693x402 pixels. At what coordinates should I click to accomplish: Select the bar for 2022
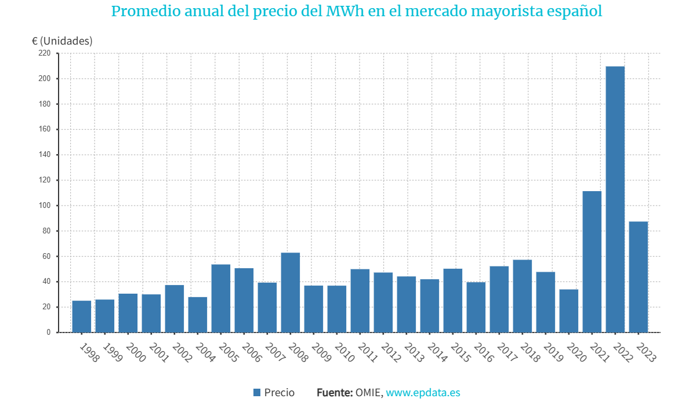tap(615, 199)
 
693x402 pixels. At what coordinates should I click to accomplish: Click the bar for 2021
tap(592, 262)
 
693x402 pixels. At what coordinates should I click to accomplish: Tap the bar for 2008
tap(290, 293)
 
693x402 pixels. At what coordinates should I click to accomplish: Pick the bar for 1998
tap(81, 316)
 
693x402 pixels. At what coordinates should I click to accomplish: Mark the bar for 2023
tap(638, 277)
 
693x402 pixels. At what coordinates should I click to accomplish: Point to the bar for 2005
tap(220, 298)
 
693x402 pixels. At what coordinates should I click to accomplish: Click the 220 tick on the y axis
tap(45, 53)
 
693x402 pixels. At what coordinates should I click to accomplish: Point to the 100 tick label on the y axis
tap(45, 206)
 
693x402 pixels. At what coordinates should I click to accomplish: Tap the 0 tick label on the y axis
tap(49, 332)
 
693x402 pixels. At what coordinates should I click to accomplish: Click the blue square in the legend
tap(257, 393)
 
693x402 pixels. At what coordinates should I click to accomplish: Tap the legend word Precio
tap(280, 393)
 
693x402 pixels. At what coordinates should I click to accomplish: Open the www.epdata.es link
tap(423, 393)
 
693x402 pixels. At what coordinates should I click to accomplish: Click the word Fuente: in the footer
tap(335, 393)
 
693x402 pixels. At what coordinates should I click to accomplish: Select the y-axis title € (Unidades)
tap(62, 41)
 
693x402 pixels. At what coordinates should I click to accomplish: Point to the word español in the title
tap(575, 12)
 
